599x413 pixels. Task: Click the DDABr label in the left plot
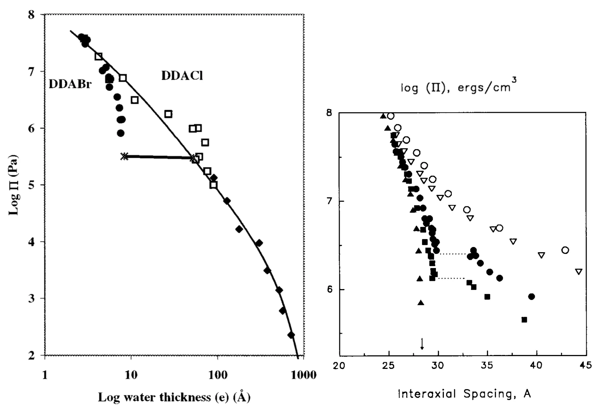70,84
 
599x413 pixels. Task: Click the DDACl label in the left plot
182,76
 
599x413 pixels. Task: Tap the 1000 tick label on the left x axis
303,375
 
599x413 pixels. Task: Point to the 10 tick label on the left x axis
131,375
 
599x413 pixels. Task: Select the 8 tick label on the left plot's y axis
31,14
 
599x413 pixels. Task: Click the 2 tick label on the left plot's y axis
31,355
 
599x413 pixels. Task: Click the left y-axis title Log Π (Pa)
13,185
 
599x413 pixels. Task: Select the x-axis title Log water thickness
174,397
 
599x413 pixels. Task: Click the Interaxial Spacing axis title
464,394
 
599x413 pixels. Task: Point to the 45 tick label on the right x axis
585,365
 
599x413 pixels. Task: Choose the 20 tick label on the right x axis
339,365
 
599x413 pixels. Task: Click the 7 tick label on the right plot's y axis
329,201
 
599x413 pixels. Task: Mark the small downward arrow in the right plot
422,344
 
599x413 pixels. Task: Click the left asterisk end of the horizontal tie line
124,156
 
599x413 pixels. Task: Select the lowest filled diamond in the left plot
291,335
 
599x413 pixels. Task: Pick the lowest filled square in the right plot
524,320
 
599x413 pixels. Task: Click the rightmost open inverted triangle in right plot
579,272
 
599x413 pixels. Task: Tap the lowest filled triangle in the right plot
421,303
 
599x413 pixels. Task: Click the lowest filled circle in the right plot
531,297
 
